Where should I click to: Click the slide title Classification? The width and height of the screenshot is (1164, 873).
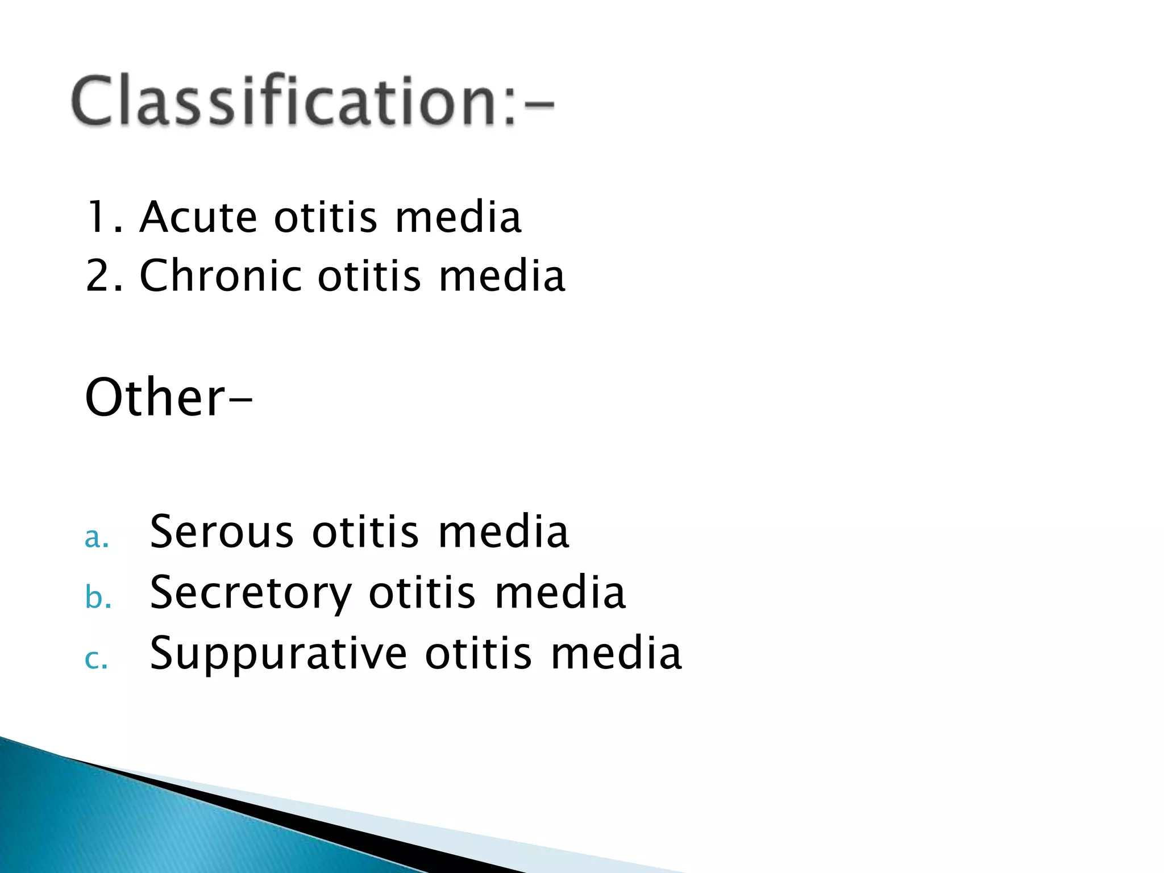(x=311, y=101)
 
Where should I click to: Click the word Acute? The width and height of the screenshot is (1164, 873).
(x=198, y=218)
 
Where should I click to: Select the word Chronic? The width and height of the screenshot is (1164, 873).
(x=221, y=276)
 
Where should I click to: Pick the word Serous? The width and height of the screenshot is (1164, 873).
(x=222, y=532)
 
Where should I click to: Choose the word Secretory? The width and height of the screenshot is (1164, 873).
(x=251, y=593)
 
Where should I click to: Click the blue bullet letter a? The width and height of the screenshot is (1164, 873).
(x=95, y=538)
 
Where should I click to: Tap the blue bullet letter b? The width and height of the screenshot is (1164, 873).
(x=97, y=598)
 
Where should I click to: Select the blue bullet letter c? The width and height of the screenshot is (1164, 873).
(x=95, y=659)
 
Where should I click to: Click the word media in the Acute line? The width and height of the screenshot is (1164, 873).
(x=458, y=218)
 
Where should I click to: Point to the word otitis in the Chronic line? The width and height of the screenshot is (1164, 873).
(x=369, y=276)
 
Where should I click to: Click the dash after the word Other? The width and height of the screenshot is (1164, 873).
(x=241, y=400)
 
